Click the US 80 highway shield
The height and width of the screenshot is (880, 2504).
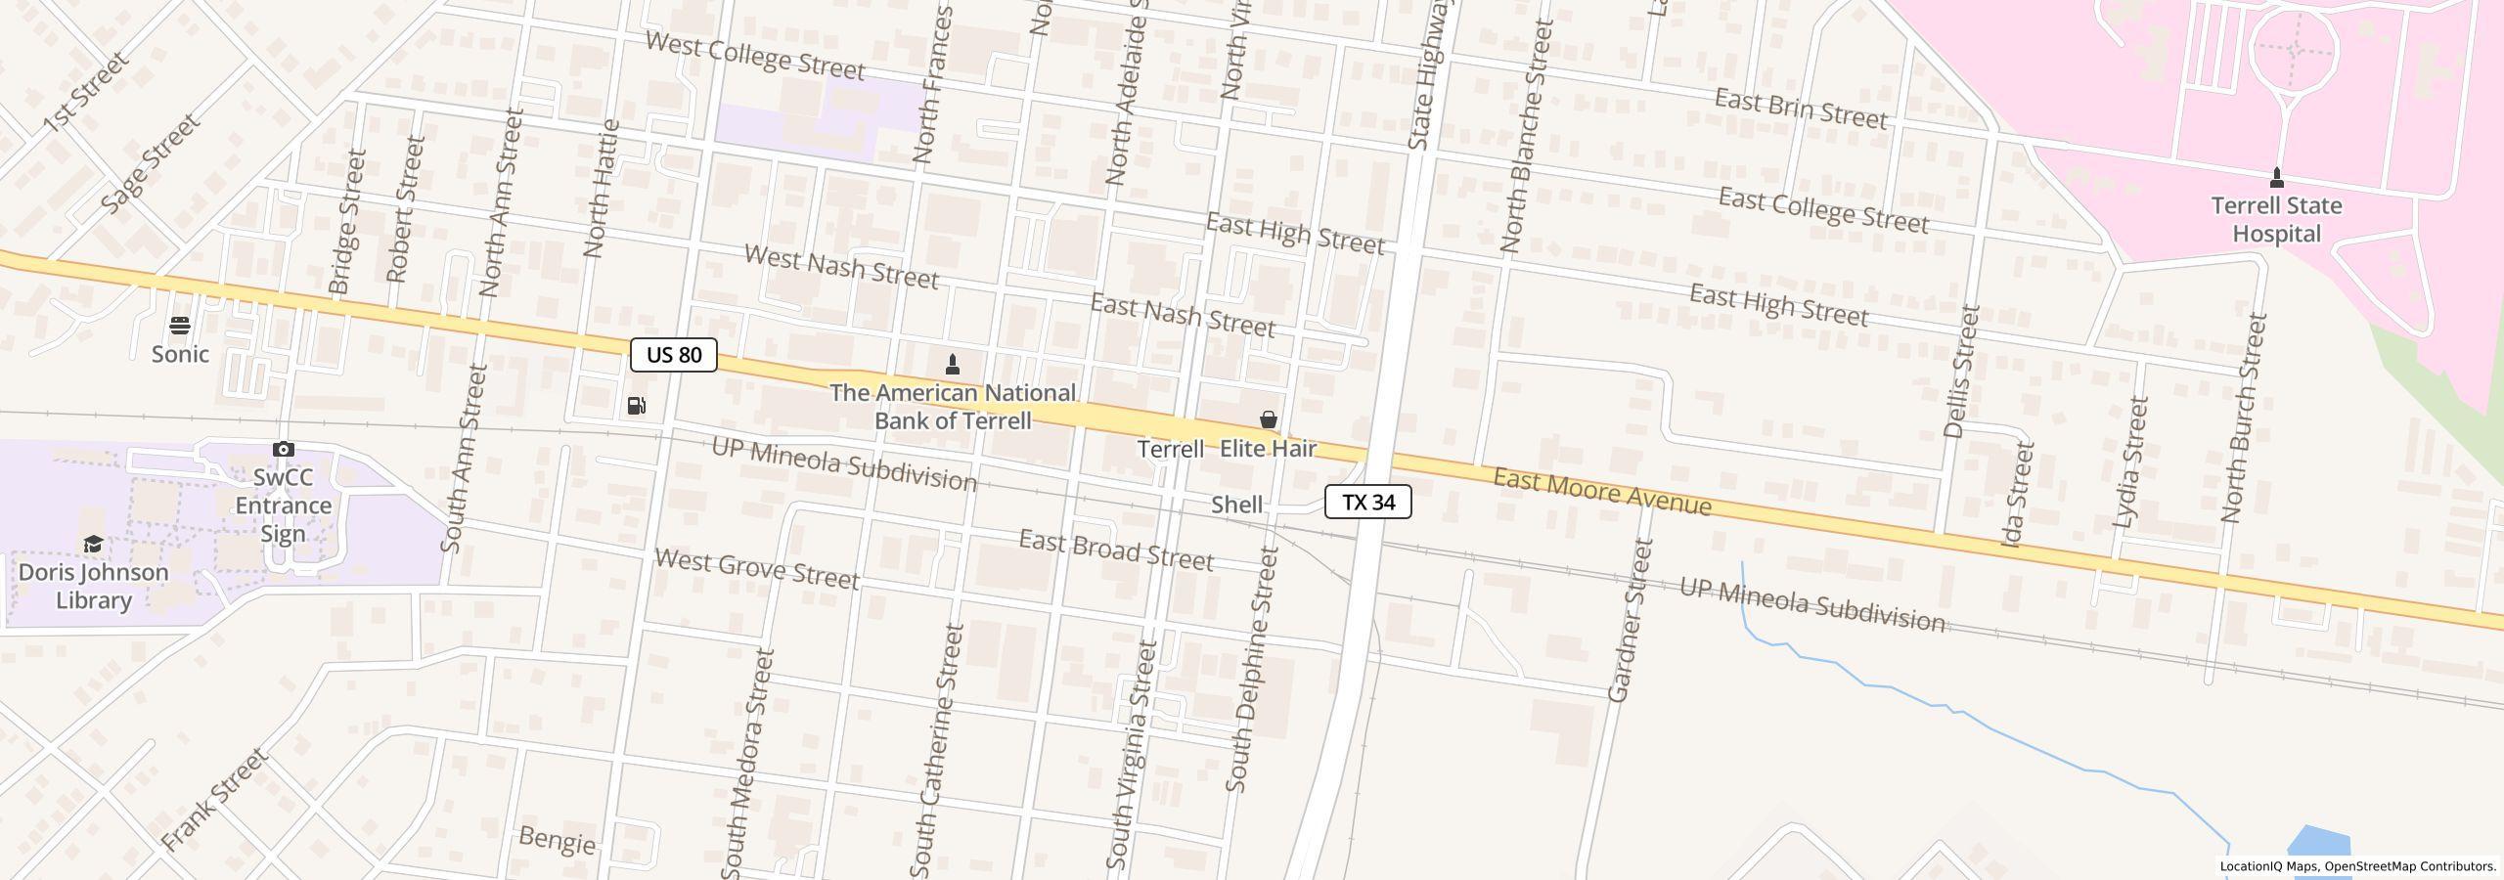click(673, 355)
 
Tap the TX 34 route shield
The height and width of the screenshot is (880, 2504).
click(1367, 503)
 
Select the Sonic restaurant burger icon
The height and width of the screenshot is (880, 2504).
click(180, 326)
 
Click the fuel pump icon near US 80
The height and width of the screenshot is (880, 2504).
click(636, 406)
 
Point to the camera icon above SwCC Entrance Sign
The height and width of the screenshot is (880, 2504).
click(284, 449)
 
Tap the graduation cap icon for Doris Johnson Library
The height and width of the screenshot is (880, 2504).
click(93, 545)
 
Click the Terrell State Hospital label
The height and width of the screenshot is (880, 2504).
click(2276, 220)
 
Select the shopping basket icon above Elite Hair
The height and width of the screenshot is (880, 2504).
click(1269, 420)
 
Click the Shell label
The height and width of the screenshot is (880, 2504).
click(1236, 505)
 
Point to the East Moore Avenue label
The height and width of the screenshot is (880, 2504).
click(1602, 491)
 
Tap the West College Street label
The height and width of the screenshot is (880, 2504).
click(755, 57)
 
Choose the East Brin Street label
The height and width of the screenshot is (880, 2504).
click(1801, 110)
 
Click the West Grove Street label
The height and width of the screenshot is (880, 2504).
click(756, 569)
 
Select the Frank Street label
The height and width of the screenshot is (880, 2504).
click(214, 800)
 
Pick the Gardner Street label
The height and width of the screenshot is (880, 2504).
click(1631, 620)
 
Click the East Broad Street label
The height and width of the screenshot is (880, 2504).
click(1115, 550)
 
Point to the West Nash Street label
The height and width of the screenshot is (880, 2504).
click(841, 267)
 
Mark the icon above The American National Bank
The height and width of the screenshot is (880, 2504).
click(953, 365)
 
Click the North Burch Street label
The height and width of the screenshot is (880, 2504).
click(2243, 418)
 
